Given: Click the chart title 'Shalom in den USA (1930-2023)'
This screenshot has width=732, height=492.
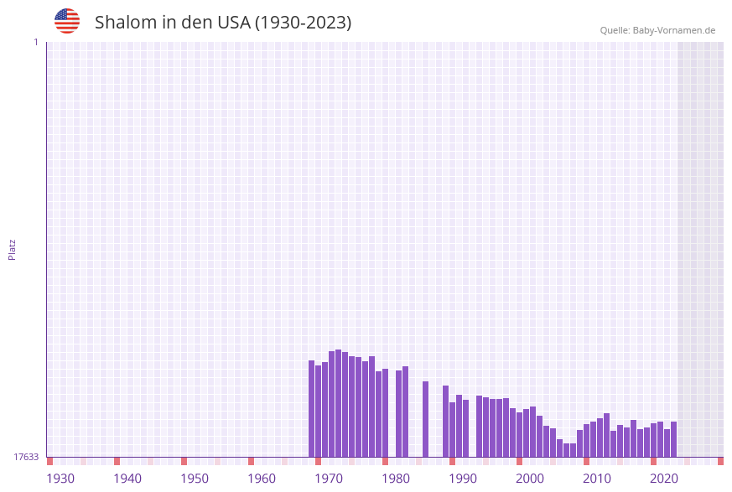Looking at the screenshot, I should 223,23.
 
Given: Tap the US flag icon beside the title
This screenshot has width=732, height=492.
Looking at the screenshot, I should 67,21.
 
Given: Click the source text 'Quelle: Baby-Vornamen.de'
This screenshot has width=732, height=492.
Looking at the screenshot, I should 657,30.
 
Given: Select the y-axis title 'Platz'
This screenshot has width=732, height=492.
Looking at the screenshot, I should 13,249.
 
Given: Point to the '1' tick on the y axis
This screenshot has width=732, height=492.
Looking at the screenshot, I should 35,42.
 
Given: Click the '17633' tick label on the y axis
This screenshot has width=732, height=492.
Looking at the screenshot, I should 26,457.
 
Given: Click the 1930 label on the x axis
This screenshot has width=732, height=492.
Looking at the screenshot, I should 60,479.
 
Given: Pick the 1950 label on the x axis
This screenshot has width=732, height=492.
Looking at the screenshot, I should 195,479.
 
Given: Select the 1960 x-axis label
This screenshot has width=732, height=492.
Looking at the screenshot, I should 262,479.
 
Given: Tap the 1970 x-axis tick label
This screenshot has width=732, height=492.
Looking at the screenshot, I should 329,479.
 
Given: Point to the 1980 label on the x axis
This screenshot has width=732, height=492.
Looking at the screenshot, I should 396,479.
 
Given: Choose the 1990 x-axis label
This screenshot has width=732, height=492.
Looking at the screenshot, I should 463,479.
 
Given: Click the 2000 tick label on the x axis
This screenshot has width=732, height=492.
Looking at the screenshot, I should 530,479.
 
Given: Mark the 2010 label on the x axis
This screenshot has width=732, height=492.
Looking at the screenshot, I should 597,479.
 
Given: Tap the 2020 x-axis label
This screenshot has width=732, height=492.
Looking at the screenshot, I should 664,479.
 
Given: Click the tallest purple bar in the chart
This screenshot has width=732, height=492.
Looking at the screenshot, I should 339,403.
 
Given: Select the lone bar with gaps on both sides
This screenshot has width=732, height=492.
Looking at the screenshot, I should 426,419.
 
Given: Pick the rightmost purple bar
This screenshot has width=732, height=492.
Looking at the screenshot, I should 673,439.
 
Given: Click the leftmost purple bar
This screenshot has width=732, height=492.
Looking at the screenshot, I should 312,409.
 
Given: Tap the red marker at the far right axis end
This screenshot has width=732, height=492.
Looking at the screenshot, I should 720,461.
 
